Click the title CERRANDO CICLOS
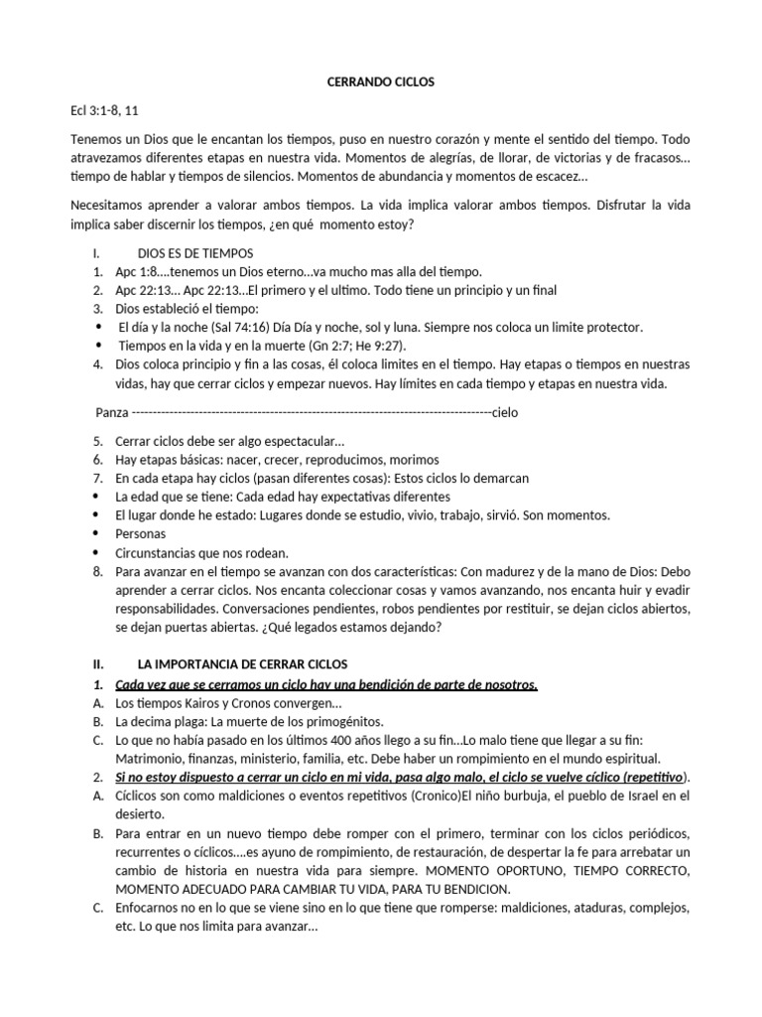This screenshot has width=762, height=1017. (x=380, y=82)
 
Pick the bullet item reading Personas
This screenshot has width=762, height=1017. (x=141, y=534)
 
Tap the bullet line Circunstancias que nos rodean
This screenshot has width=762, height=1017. (x=201, y=552)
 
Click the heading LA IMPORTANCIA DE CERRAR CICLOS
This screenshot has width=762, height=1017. (x=242, y=663)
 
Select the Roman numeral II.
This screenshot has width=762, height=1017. (x=98, y=663)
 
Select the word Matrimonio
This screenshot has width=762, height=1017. (x=152, y=759)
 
